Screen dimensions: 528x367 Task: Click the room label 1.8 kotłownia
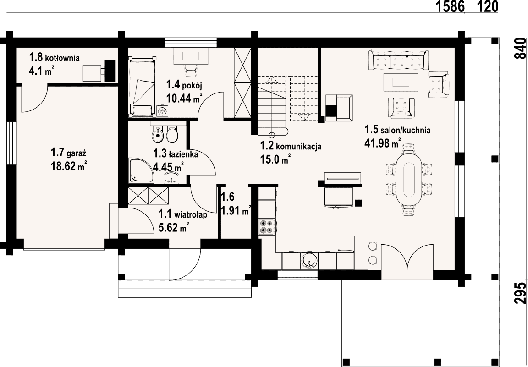[x=54, y=57]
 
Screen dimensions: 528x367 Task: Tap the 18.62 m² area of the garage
[x=69, y=166]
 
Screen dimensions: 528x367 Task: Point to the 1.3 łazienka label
[x=176, y=154]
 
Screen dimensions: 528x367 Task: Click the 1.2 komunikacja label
[x=291, y=146]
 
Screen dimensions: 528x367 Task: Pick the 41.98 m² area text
[x=383, y=143]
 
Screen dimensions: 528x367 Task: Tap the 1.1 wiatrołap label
[x=183, y=214]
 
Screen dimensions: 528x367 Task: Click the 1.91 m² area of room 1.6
[x=236, y=210]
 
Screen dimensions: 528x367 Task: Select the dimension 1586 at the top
[x=450, y=6]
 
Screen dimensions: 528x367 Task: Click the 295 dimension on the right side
[x=520, y=293]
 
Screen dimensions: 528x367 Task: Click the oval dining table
[x=408, y=179]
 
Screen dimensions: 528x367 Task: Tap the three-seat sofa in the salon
[x=399, y=59]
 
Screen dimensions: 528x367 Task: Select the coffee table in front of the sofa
[x=401, y=82]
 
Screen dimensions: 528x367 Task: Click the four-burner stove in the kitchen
[x=267, y=227]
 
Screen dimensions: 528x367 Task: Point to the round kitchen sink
[x=309, y=261]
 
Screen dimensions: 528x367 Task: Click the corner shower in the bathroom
[x=141, y=170]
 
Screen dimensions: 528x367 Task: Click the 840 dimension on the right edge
[x=520, y=49]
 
